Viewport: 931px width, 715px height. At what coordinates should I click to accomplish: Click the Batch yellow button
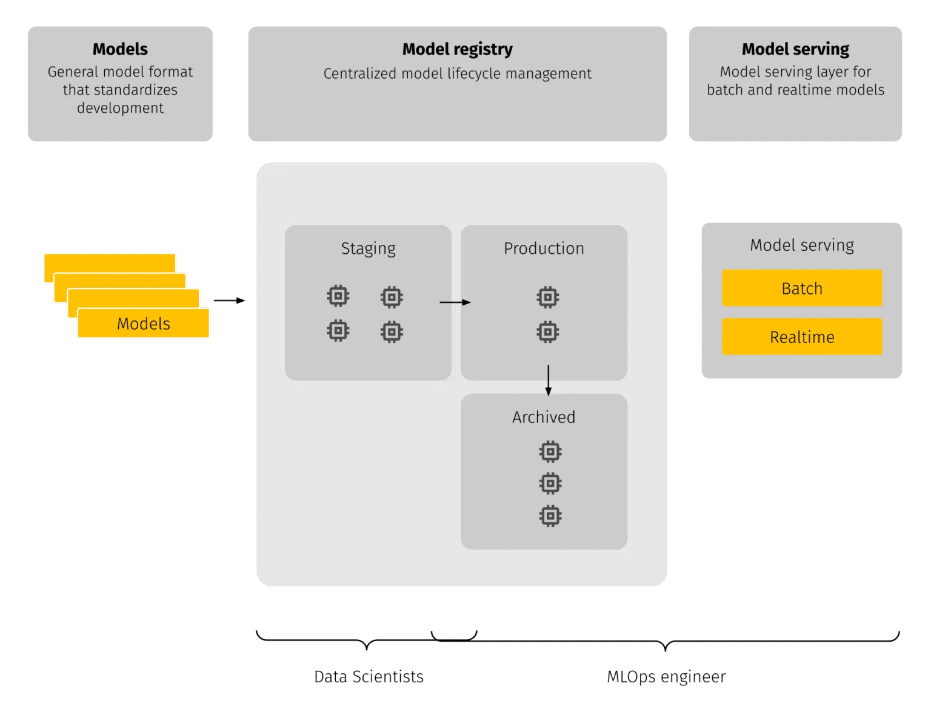coord(801,288)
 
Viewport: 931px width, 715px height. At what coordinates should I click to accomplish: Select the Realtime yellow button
coord(801,337)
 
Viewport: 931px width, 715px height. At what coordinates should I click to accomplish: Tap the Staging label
coord(368,248)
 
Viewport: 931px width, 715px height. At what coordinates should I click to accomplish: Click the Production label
coord(544,248)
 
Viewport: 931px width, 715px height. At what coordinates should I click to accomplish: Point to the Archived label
coord(543,417)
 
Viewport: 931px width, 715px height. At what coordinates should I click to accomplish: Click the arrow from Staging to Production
coord(455,302)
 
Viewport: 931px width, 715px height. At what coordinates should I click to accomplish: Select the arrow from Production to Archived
coord(548,380)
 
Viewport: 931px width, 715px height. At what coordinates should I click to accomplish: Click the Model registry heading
coord(457,49)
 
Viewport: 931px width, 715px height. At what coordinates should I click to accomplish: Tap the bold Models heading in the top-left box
coord(120,49)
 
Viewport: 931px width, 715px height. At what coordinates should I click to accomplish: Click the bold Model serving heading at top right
coord(795,49)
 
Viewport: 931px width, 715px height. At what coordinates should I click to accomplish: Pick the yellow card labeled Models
coord(143,324)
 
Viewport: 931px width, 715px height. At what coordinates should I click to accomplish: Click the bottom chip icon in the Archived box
coord(550,516)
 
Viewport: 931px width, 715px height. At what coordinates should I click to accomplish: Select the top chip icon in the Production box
coord(547,298)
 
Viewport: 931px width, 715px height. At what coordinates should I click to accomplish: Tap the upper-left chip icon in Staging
coord(338,296)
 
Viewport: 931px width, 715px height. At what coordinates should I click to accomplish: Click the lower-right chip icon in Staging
coord(392,332)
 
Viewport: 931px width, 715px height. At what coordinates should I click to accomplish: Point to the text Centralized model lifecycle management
coord(457,74)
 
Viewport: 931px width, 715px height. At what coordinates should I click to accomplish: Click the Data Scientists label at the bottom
coord(370,676)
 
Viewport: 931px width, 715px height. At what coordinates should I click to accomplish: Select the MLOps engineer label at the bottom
coord(666,676)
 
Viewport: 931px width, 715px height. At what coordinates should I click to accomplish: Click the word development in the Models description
coord(120,108)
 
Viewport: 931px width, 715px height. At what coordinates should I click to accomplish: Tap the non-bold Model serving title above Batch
coord(801,245)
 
